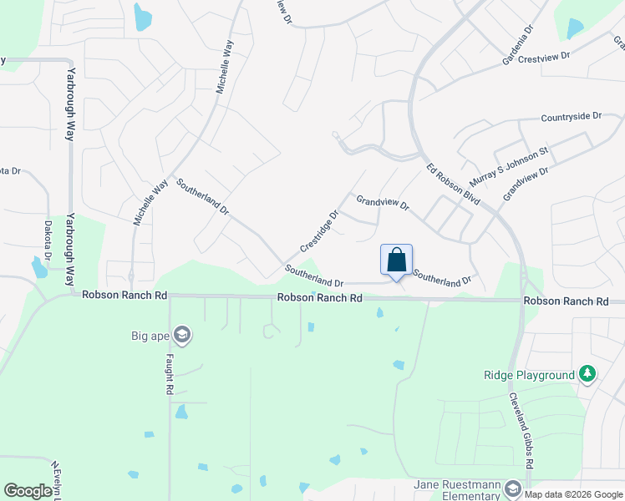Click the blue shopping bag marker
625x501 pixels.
click(396, 260)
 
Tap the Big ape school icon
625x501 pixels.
click(183, 337)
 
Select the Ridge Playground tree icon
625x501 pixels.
click(588, 375)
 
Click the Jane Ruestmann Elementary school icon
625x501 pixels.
click(512, 488)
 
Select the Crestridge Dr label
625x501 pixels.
click(319, 230)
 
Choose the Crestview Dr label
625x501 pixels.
click(543, 58)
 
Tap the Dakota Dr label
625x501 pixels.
click(48, 240)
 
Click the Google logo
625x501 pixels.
click(28, 491)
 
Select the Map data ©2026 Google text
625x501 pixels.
click(573, 494)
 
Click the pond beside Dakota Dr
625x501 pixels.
click(39, 268)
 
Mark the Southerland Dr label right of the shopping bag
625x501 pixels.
click(442, 279)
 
